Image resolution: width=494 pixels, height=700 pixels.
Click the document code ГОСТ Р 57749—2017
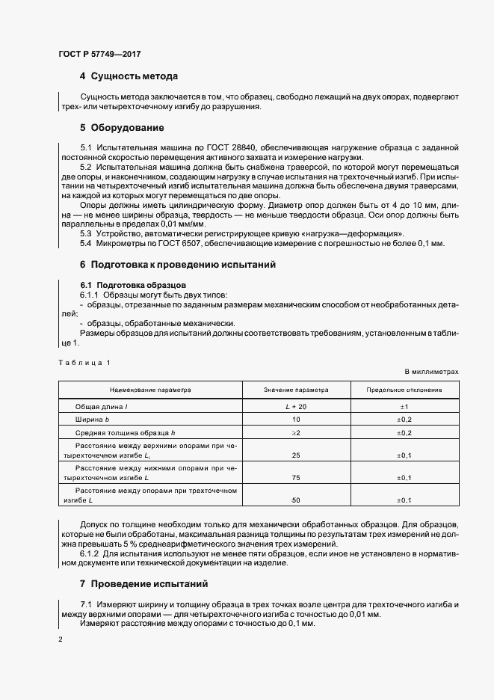(99, 55)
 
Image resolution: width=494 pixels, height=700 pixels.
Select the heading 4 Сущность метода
(129, 76)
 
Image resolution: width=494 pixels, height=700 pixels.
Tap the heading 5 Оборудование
(123, 127)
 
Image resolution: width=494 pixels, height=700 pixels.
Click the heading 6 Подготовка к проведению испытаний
(178, 265)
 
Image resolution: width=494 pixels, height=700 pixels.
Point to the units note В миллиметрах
(431, 371)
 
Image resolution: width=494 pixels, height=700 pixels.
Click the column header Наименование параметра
(150, 390)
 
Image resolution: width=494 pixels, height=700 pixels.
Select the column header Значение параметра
(296, 390)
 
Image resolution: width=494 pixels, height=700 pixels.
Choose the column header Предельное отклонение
(404, 390)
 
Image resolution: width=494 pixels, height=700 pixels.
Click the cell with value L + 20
(296, 405)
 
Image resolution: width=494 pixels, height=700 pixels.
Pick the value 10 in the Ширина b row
(296, 420)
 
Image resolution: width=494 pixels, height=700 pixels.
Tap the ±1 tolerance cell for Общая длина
(404, 405)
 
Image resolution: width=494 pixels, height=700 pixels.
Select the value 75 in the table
(296, 477)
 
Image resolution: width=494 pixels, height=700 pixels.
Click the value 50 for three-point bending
(296, 500)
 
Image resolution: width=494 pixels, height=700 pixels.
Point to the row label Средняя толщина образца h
(124, 434)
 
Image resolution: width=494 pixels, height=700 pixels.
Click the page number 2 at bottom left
(61, 639)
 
